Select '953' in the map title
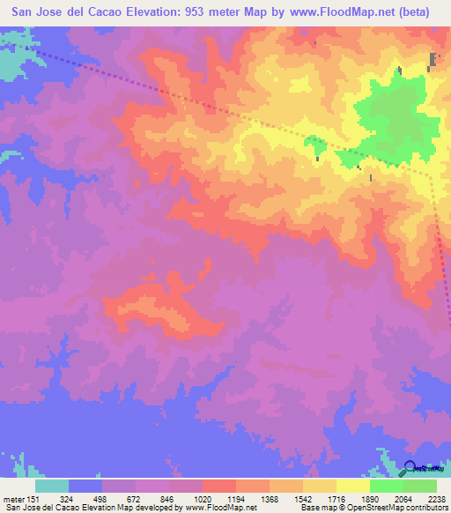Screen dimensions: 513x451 199,13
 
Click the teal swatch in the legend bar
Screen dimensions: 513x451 52,486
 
